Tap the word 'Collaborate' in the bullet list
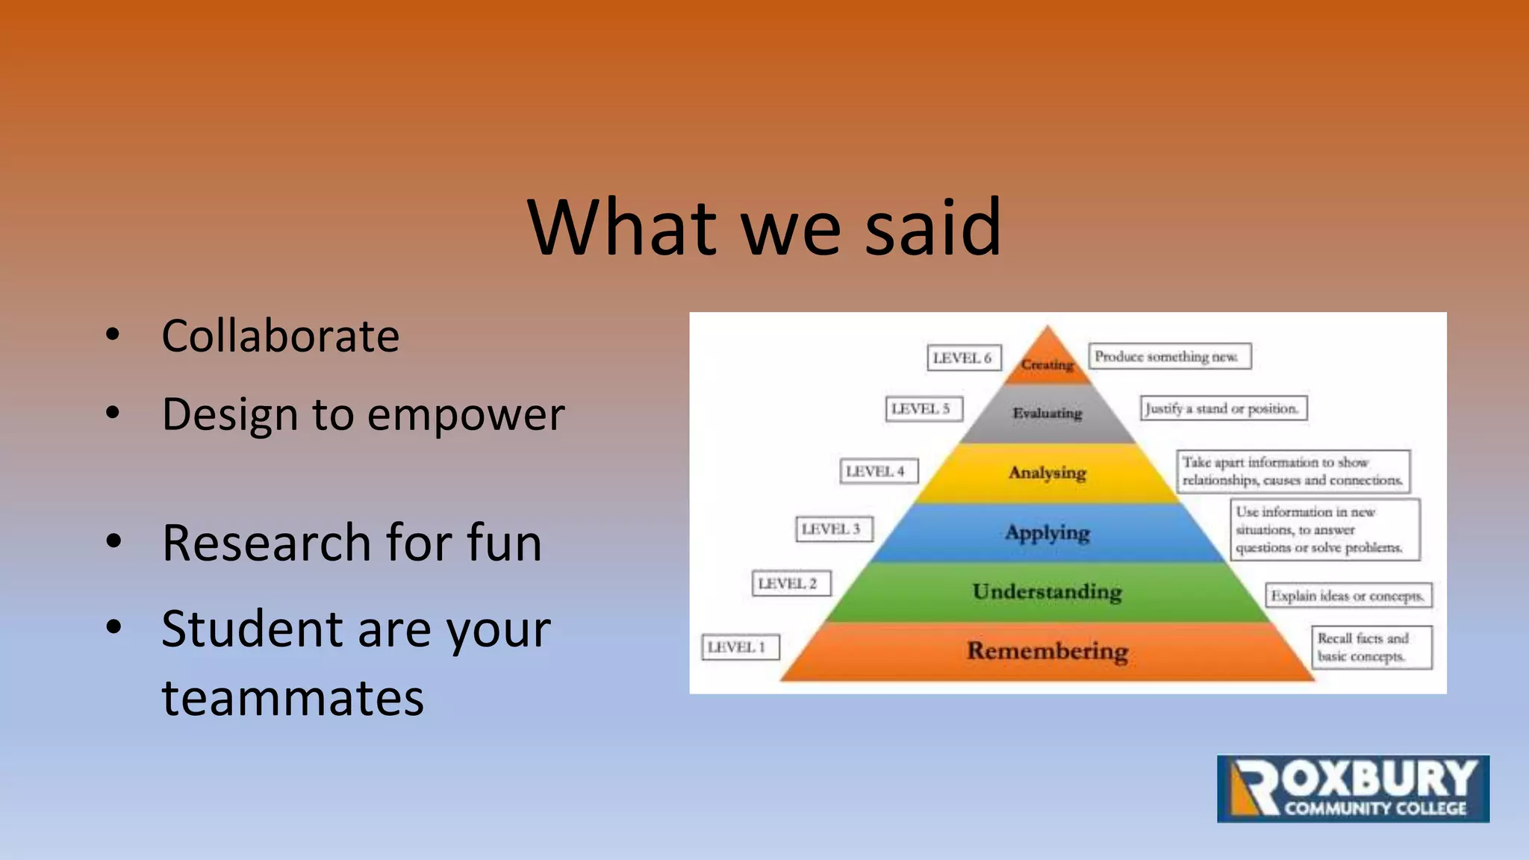280,336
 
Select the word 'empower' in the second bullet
466,415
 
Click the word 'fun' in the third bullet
504,543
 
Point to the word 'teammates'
293,698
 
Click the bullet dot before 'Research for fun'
113,540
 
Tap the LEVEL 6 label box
963,358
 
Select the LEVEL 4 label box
878,471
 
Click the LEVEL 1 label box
740,647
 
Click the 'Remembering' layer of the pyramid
1047,651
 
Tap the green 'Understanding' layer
1047,591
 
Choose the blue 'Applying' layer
1047,532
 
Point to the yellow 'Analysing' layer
1047,473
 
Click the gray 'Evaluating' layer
1047,413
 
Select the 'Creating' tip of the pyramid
1047,363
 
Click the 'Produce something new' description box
1169,356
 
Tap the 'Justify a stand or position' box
1223,408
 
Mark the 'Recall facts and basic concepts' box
1371,647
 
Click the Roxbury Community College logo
1353,789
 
